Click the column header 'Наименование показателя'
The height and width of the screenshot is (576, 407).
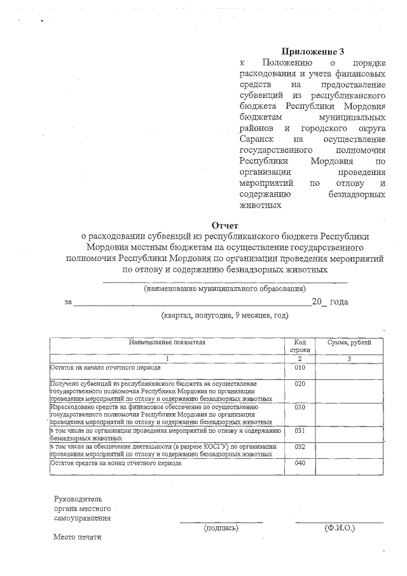tap(167, 342)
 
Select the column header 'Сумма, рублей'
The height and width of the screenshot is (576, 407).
tap(349, 342)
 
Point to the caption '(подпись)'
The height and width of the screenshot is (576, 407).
tap(221, 528)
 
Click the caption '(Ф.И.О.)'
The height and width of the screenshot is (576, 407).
tap(340, 528)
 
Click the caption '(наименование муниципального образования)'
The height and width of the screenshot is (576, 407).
tap(224, 289)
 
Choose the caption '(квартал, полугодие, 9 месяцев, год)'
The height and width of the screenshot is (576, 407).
tap(224, 315)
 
